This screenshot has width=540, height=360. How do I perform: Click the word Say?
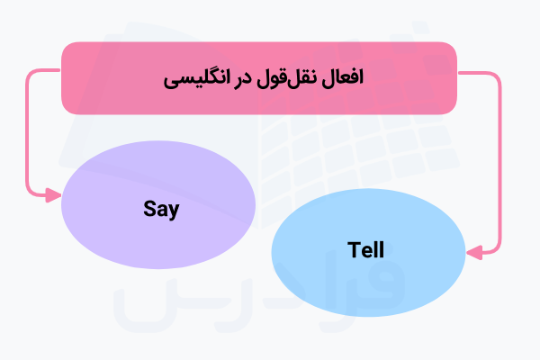(161, 210)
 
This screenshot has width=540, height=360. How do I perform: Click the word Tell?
(365, 249)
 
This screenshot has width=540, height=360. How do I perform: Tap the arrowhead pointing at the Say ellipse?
(57, 193)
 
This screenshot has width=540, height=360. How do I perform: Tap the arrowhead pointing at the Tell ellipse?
(471, 251)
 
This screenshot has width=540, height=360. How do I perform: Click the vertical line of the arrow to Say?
(28, 135)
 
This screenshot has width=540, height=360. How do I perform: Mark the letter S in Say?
(149, 210)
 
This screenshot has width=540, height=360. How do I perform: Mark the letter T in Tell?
(352, 249)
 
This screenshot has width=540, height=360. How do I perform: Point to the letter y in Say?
(175, 212)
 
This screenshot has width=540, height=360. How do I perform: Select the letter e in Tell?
(364, 251)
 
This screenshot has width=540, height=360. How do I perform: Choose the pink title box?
(117, 78)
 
